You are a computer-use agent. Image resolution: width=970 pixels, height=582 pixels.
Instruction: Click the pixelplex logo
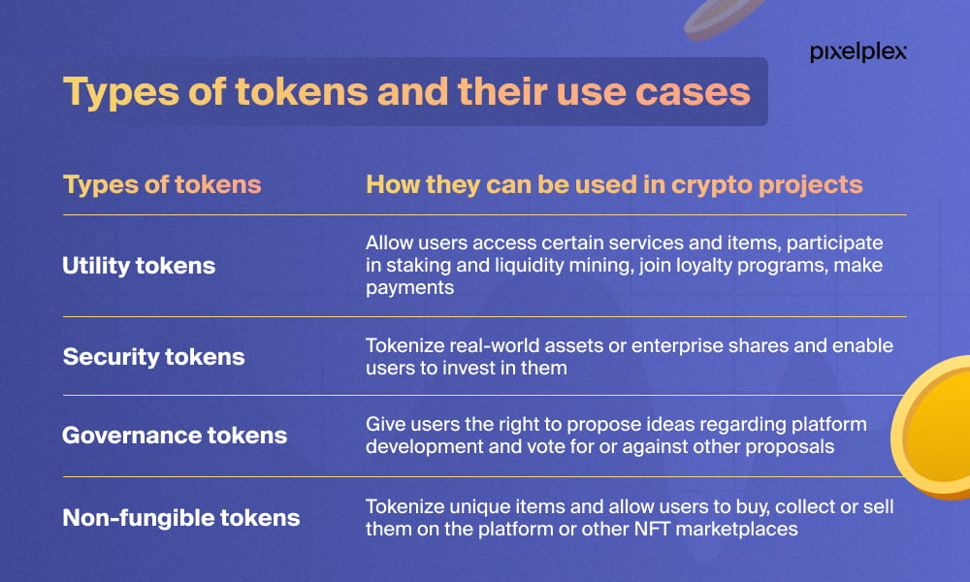(858, 52)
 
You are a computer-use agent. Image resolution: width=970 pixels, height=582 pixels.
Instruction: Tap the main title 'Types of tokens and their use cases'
(406, 91)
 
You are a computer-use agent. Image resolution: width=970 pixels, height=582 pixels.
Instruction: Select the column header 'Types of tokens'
(162, 185)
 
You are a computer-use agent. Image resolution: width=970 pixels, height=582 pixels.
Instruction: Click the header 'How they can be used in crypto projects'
(614, 185)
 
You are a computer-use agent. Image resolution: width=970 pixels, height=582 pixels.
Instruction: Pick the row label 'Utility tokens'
(139, 266)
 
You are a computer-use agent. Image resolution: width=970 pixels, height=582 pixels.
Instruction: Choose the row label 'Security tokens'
(153, 357)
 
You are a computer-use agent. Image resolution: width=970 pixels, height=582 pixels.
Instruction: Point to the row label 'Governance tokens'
(175, 436)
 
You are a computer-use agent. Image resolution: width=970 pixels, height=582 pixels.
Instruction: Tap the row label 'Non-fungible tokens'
(181, 518)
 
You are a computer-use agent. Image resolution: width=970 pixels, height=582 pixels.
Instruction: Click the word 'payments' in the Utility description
(409, 288)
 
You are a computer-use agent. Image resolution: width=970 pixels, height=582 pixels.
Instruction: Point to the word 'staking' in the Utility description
(418, 266)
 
